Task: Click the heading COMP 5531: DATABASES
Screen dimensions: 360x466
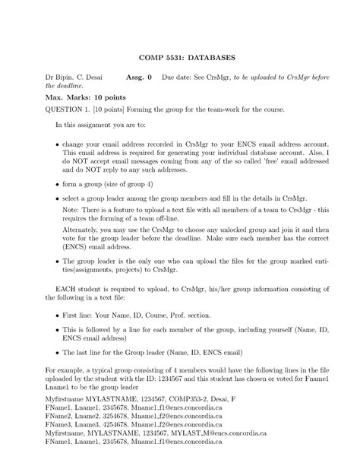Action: tap(180, 57)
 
